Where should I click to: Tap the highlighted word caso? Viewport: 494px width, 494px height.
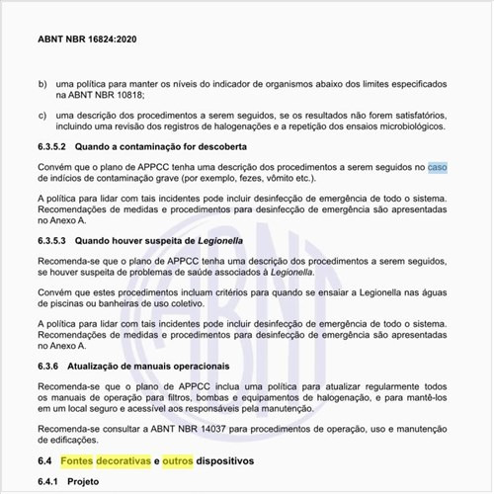(x=438, y=167)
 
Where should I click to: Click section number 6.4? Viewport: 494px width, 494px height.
(x=45, y=461)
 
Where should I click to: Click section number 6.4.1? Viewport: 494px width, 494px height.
(x=50, y=485)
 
